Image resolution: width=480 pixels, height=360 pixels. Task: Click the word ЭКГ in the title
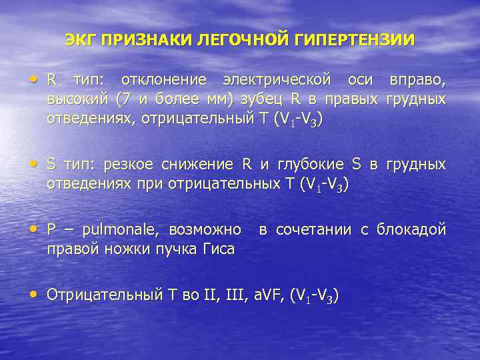[80, 39]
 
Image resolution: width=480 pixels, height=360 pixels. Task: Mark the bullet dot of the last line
[35, 295]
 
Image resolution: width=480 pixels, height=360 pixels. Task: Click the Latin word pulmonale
[119, 231]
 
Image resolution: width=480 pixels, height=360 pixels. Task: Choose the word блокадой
[411, 231]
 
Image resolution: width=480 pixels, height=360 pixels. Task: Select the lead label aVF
[268, 295]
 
